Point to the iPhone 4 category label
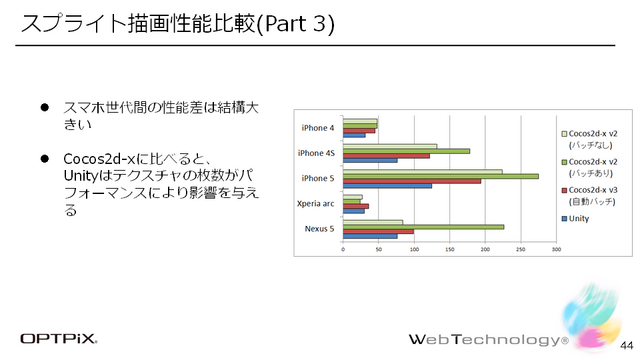coord(319,128)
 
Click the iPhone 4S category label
coord(317,153)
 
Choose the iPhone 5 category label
coord(319,178)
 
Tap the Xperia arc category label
coord(317,204)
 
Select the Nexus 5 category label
coord(319,229)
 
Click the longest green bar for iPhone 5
coord(440,175)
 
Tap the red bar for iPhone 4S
coord(386,156)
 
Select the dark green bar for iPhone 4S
coord(406,151)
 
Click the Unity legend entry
coord(578,218)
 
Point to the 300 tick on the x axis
coord(556,249)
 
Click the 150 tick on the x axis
coord(450,249)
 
